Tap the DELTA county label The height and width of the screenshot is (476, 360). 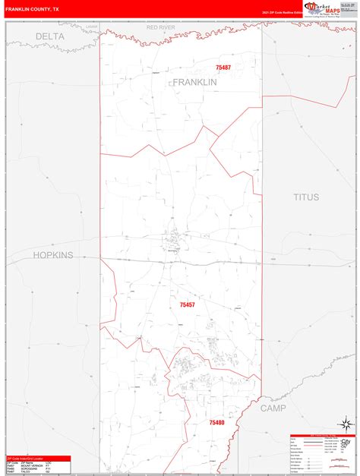(x=50, y=36)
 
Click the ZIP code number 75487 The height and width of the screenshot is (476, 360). (x=223, y=68)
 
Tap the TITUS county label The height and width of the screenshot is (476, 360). (x=307, y=197)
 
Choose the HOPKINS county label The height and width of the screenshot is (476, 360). (x=52, y=255)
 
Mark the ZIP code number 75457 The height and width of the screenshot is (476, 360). (x=188, y=305)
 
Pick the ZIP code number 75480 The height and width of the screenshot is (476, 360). (x=217, y=422)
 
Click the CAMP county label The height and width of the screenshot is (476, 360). (x=273, y=408)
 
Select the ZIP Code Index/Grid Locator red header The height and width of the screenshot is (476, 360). (x=38, y=458)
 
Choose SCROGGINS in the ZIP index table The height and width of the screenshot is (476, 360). (x=30, y=469)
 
